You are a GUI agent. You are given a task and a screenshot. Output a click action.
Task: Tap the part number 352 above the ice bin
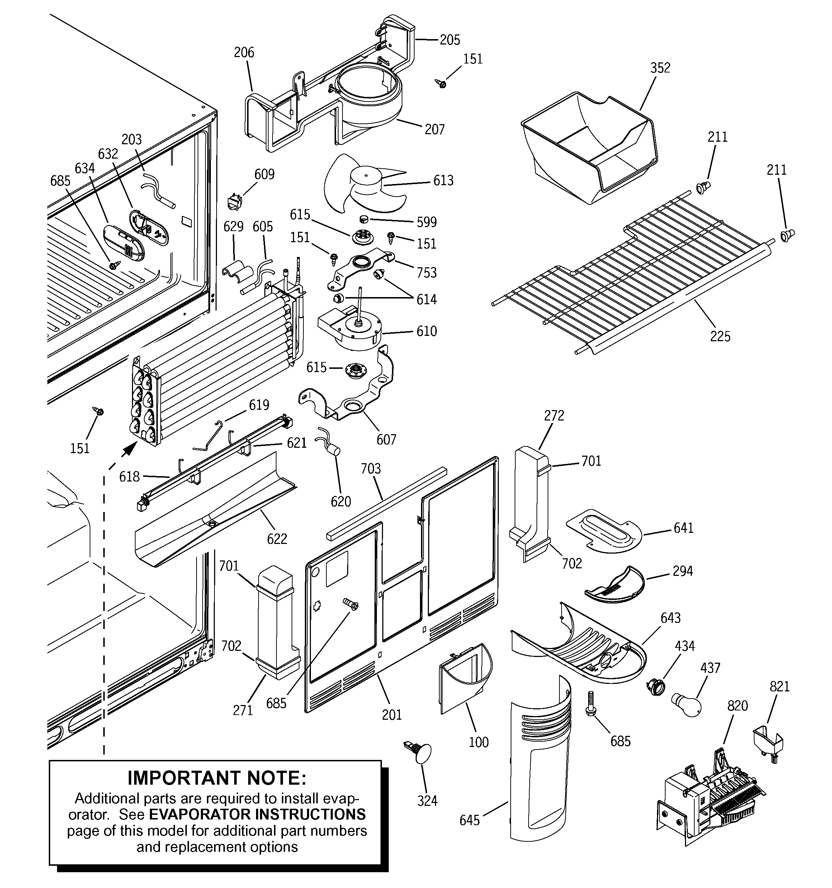pyautogui.click(x=660, y=68)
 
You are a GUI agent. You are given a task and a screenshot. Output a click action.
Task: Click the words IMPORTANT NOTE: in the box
pyautogui.click(x=217, y=777)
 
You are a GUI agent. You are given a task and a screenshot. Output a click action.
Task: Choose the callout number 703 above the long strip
pyautogui.click(x=371, y=469)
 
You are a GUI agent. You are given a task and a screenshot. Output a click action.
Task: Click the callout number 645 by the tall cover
pyautogui.click(x=469, y=820)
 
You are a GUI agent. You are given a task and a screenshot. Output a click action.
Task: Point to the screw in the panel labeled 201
pyautogui.click(x=351, y=604)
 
